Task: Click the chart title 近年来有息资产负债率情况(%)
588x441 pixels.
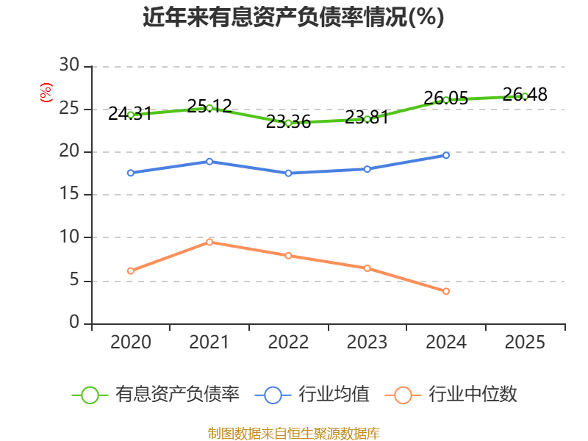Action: coord(293,17)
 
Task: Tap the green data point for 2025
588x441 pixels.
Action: coord(525,96)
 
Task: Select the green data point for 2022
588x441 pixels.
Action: coord(288,123)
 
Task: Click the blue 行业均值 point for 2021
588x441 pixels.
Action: coord(209,161)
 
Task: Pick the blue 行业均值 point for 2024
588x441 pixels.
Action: coord(446,155)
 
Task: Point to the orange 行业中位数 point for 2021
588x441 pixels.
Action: coord(209,242)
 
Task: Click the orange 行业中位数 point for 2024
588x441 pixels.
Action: coord(446,292)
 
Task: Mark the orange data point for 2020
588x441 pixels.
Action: coord(131,271)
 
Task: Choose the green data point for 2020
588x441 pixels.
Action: coord(131,115)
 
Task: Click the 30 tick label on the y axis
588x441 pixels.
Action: coord(69,66)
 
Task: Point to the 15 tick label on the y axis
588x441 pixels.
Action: coord(69,195)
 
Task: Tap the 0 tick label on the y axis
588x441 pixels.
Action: coord(74,323)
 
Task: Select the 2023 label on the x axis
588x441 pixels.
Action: coord(367,343)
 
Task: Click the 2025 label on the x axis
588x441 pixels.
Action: coord(525,343)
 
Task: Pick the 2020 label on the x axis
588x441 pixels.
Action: coord(131,343)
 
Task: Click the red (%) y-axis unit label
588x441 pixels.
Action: coord(46,93)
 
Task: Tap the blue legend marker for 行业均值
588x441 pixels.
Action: coord(273,395)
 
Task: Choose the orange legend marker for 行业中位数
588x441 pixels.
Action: coord(403,395)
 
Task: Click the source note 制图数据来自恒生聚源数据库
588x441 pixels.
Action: coord(293,433)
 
